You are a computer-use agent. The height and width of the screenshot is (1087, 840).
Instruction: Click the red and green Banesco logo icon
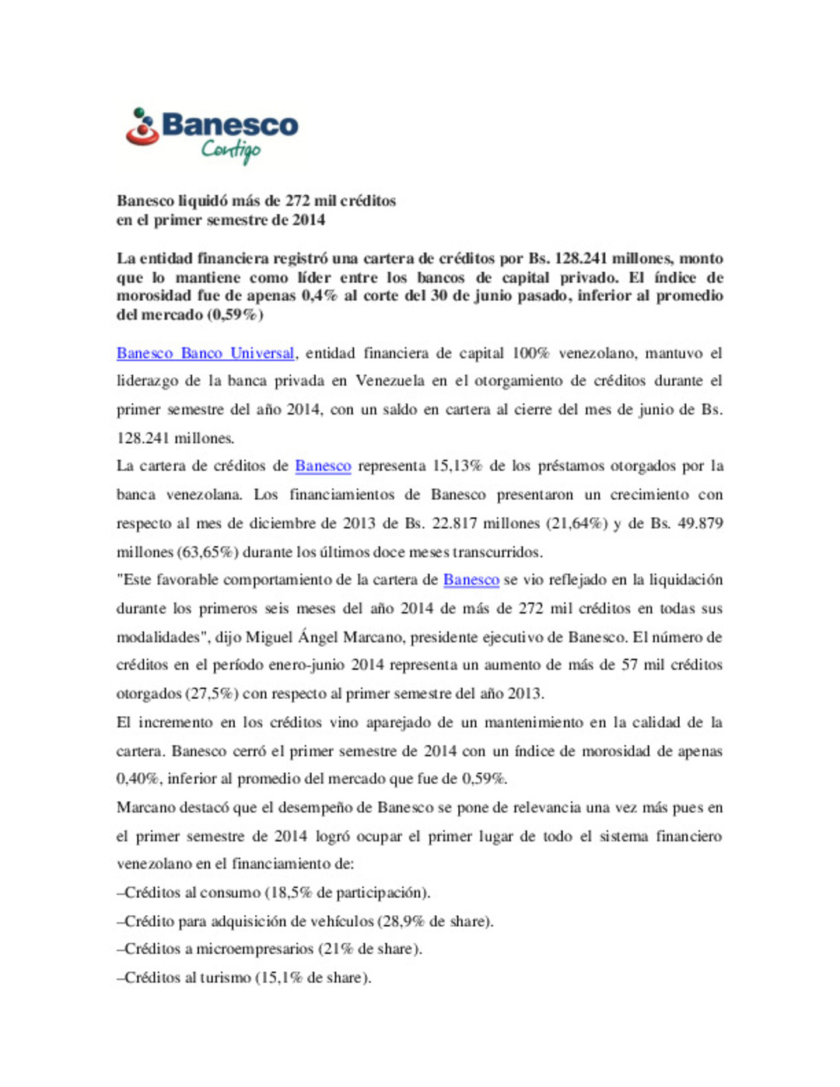pos(142,127)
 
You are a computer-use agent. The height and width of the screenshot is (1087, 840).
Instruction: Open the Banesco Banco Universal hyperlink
pos(205,353)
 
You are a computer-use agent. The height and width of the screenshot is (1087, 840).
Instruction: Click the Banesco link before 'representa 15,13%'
pos(323,466)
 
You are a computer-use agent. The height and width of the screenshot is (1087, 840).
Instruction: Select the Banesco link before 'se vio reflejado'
pos(471,579)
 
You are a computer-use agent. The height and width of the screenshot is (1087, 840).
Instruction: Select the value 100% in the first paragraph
pos(530,353)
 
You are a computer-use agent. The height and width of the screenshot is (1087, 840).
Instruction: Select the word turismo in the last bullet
pos(226,978)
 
